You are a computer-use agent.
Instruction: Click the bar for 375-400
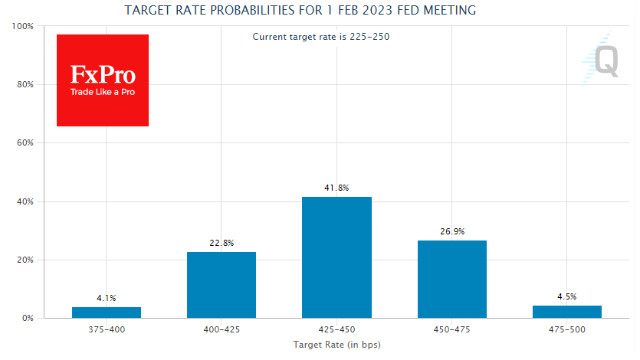[107, 313]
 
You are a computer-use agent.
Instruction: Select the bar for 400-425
[222, 285]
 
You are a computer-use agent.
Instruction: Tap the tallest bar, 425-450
[336, 257]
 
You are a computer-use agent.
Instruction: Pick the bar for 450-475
[451, 279]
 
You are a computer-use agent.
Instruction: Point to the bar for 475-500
[567, 312]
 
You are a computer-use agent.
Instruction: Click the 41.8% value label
[336, 188]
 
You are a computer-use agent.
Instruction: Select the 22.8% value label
[222, 243]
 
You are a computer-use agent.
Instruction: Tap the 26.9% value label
[451, 231]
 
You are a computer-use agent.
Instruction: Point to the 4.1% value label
[107, 298]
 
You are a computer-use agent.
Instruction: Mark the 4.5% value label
[567, 296]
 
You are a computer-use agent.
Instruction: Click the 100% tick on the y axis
[23, 26]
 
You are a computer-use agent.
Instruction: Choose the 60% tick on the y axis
[25, 143]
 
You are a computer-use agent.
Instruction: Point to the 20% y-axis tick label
[25, 260]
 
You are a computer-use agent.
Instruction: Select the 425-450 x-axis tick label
[336, 329]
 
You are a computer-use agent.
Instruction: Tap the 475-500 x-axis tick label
[567, 329]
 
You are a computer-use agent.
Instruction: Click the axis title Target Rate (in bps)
[336, 345]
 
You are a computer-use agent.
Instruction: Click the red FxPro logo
[103, 80]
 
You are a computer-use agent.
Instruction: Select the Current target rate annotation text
[321, 37]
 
